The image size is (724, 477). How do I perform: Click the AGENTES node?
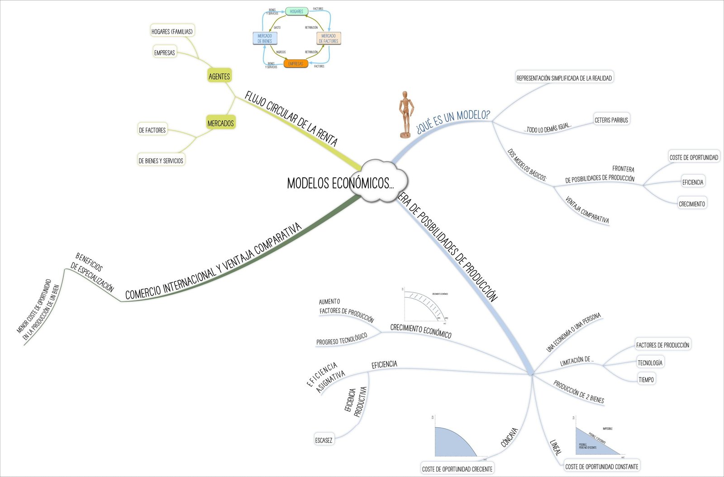click(x=219, y=76)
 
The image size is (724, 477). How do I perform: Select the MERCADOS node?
click(x=221, y=123)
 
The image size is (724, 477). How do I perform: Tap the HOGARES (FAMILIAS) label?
click(x=172, y=31)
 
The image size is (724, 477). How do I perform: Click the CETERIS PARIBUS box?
click(x=611, y=120)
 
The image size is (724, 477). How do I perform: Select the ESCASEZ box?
click(x=324, y=440)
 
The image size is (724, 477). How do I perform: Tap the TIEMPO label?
click(x=646, y=379)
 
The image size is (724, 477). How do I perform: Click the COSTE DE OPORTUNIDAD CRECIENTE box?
click(x=457, y=469)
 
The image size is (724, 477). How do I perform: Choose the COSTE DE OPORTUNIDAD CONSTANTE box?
click(x=601, y=466)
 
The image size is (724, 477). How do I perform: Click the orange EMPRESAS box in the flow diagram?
click(x=296, y=64)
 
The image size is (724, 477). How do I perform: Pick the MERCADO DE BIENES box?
click(x=265, y=38)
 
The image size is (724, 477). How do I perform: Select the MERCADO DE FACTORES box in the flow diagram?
click(x=329, y=38)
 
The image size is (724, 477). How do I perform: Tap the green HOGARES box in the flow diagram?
click(x=296, y=11)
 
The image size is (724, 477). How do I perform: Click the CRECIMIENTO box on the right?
click(x=691, y=204)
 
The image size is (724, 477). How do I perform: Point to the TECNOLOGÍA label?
click(x=650, y=363)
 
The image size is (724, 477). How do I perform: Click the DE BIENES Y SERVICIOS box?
click(x=161, y=160)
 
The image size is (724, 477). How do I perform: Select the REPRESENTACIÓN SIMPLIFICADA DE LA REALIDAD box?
click(x=564, y=78)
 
